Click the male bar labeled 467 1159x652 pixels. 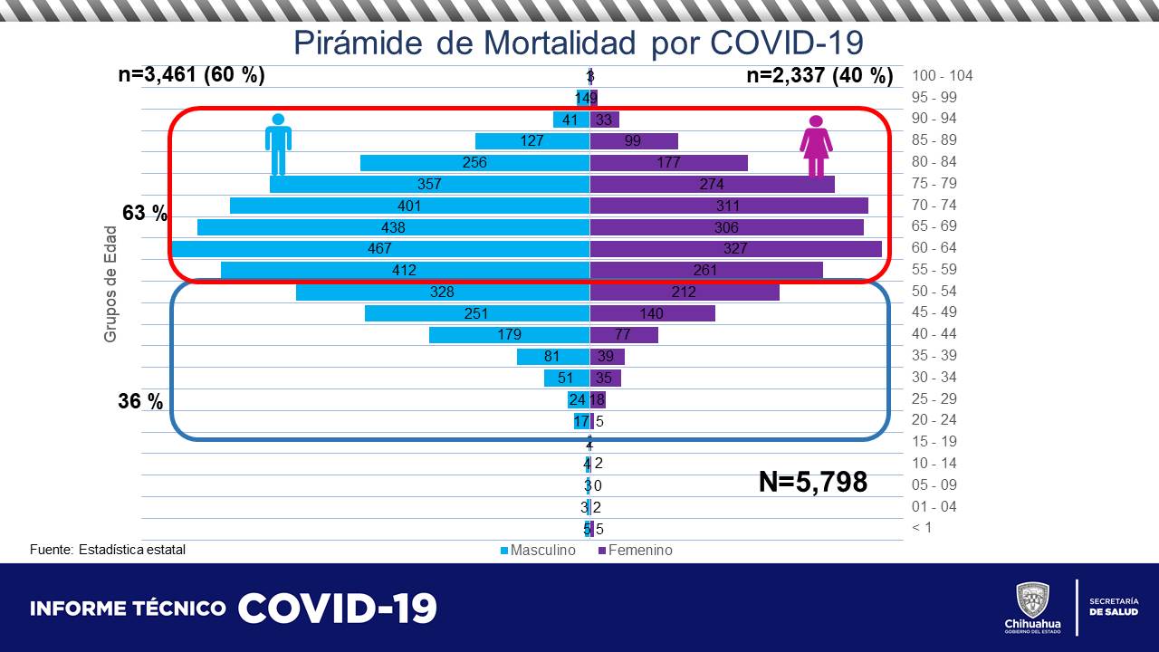click(x=381, y=248)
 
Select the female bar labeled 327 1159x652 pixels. click(x=735, y=248)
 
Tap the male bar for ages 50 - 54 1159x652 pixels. click(x=443, y=292)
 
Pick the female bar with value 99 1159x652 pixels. click(x=634, y=140)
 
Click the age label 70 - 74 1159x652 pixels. click(x=934, y=205)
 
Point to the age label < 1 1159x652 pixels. click(x=922, y=528)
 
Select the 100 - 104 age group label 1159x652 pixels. click(x=942, y=75)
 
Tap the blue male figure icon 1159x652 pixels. click(x=278, y=144)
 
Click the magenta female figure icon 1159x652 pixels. click(x=816, y=146)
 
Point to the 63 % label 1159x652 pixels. click(x=145, y=214)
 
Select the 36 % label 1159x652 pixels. click(x=140, y=401)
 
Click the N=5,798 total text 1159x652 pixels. click(x=812, y=482)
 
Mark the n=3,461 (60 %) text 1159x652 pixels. click(x=191, y=75)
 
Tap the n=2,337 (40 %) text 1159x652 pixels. click(x=819, y=75)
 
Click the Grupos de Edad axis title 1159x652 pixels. click(x=110, y=296)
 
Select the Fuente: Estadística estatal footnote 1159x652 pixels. click(x=107, y=550)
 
